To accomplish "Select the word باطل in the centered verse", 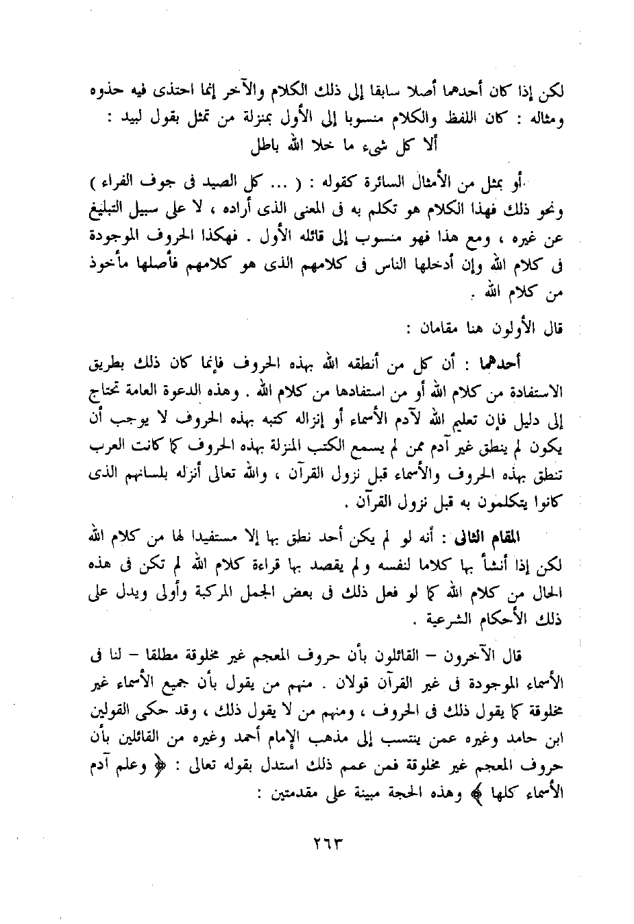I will pos(250,145).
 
